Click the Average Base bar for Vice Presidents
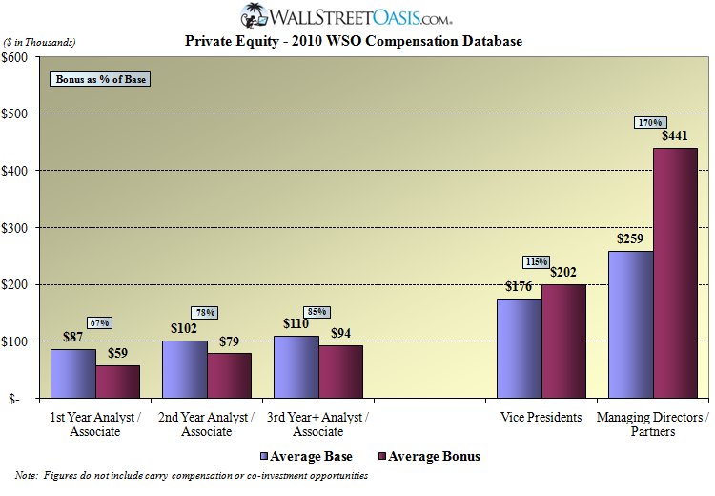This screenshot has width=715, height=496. [x=519, y=347]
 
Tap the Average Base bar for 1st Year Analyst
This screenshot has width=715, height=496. [x=72, y=373]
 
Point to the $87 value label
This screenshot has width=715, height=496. [x=72, y=338]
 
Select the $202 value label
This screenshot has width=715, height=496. [x=563, y=273]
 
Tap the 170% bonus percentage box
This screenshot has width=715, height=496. [x=651, y=122]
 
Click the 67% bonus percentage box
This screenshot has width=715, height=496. [x=99, y=322]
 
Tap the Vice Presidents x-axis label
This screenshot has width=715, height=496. [x=541, y=418]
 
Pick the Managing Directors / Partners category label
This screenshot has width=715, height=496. [x=652, y=424]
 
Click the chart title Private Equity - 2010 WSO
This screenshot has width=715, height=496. [x=353, y=42]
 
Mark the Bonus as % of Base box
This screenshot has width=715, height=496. [x=100, y=79]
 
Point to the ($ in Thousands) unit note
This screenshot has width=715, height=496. [x=40, y=42]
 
